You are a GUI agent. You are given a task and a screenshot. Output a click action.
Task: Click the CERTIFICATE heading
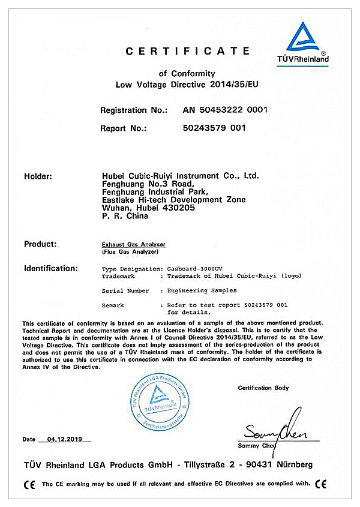[x=188, y=52]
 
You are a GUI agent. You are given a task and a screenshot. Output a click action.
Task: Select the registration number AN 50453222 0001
[x=225, y=110]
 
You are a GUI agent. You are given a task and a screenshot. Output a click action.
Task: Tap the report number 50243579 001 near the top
[x=214, y=128]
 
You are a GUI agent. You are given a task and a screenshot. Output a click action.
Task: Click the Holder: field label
[x=38, y=176]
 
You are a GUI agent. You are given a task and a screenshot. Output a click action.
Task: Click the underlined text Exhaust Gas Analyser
[x=134, y=245]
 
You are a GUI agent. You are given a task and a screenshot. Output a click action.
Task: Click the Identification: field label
[x=51, y=268]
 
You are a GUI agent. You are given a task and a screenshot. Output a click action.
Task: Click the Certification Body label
[x=263, y=388]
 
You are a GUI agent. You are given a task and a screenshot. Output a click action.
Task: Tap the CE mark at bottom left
[x=29, y=484]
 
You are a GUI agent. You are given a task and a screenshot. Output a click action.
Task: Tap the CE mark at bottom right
[x=321, y=484]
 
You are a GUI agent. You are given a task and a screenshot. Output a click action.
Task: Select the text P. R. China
[x=125, y=217]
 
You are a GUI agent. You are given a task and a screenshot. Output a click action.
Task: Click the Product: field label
[x=40, y=244]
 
